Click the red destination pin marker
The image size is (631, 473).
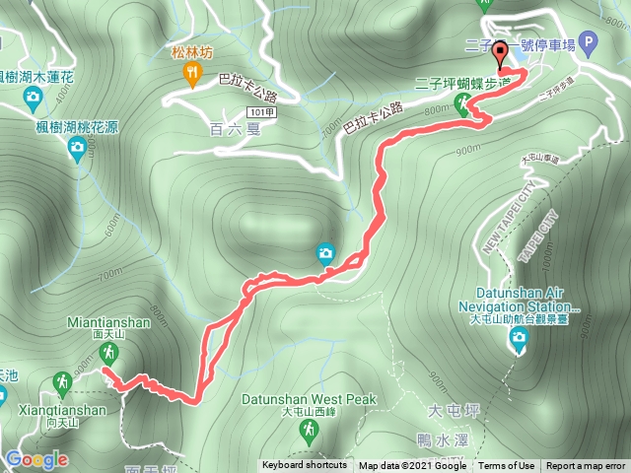(498, 55)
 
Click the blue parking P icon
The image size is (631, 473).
(589, 42)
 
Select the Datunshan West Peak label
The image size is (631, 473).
(310, 399)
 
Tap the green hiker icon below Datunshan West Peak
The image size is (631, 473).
(311, 429)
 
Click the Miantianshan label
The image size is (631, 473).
(108, 321)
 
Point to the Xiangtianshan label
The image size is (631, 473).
(60, 410)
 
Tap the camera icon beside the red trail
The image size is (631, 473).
(325, 254)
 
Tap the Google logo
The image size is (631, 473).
(35, 459)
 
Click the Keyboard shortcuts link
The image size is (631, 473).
(304, 466)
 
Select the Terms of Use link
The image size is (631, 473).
(507, 466)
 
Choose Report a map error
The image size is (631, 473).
(585, 466)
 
